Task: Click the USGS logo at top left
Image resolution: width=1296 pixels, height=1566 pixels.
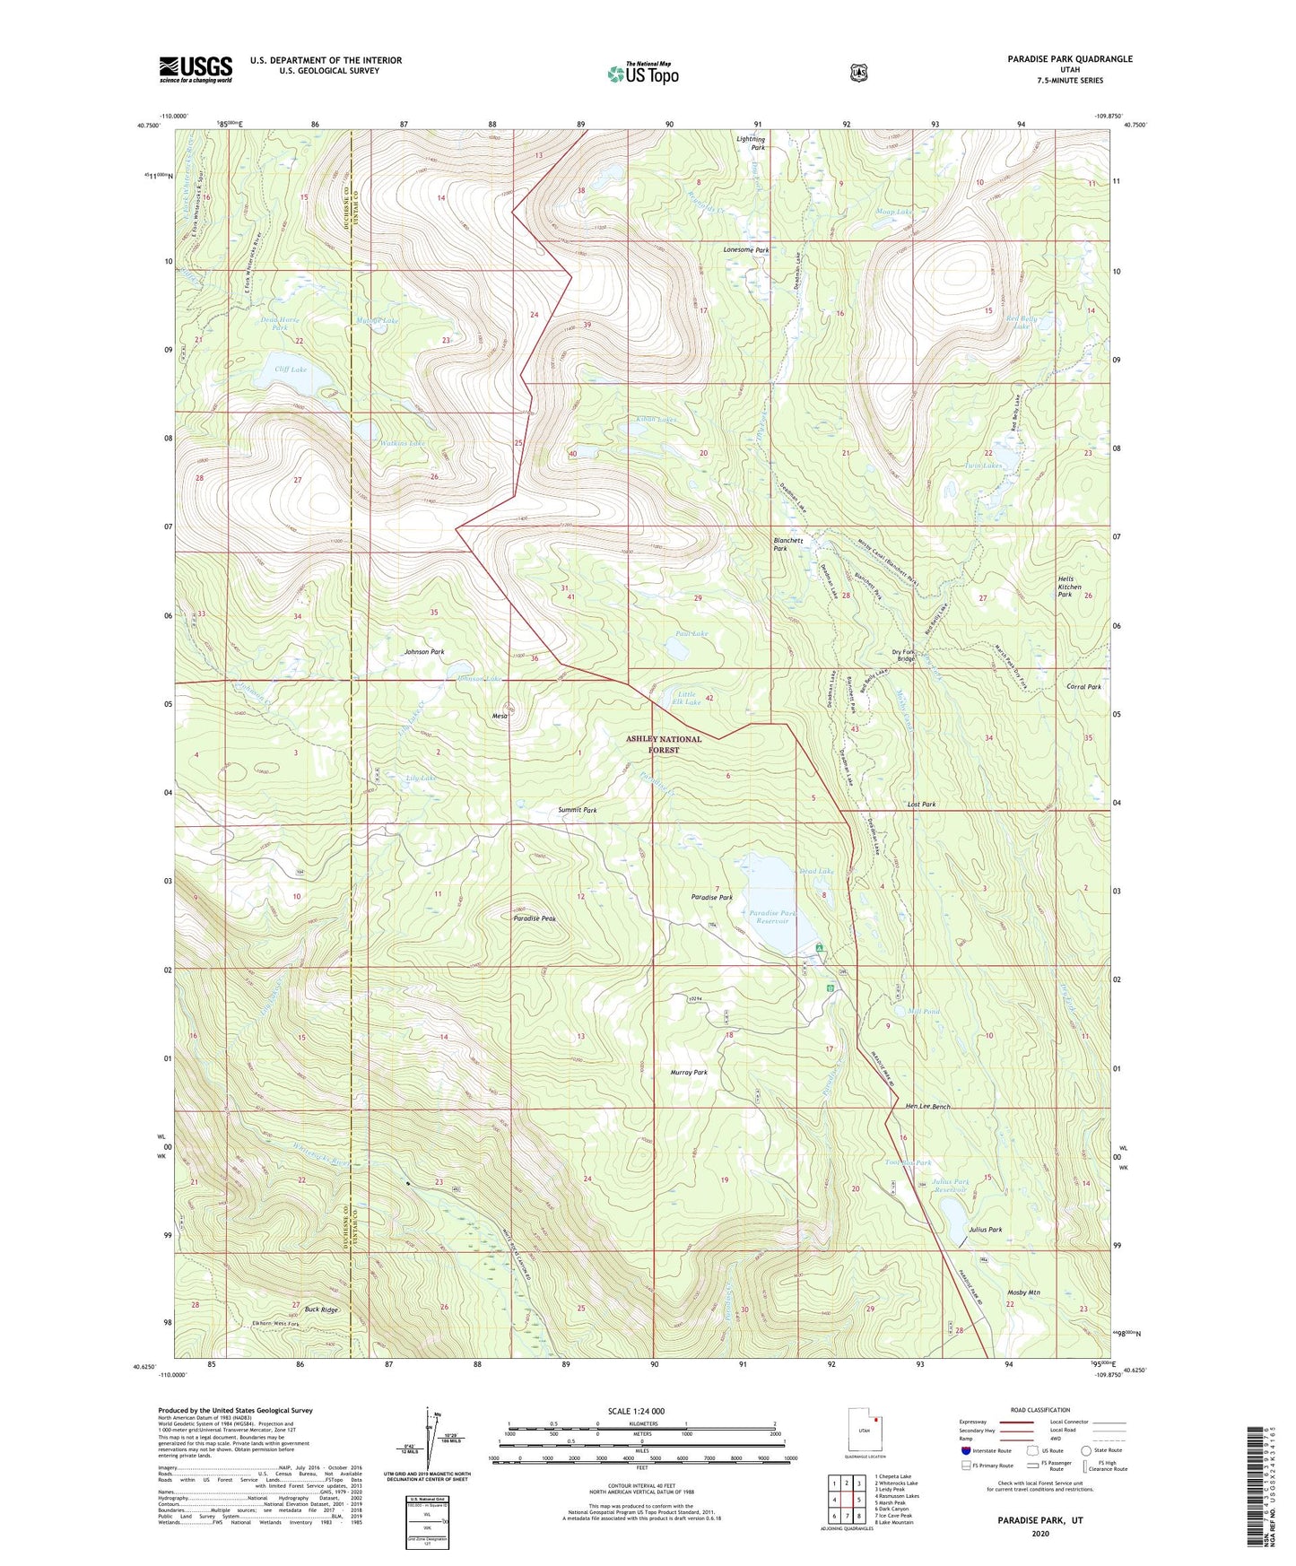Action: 196,69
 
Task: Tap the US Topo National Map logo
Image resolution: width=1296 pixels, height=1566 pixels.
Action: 643,74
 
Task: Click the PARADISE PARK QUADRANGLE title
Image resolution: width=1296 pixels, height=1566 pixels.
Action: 1069,59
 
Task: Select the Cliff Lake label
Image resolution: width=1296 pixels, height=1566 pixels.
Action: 291,370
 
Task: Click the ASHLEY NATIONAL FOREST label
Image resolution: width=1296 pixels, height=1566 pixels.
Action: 664,744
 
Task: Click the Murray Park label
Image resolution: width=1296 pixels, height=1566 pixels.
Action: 688,1073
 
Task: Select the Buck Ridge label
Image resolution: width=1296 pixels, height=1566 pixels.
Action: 322,1309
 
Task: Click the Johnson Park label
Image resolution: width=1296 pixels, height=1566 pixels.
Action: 424,652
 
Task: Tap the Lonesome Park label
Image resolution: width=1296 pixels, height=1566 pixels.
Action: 746,250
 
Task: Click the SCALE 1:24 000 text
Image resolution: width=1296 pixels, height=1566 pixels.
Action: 636,1411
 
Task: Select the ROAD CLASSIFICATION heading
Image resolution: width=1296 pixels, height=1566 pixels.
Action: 1040,1410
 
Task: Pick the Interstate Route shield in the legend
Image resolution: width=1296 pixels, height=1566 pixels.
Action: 965,1450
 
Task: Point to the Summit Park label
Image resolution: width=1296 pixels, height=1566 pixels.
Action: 578,810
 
